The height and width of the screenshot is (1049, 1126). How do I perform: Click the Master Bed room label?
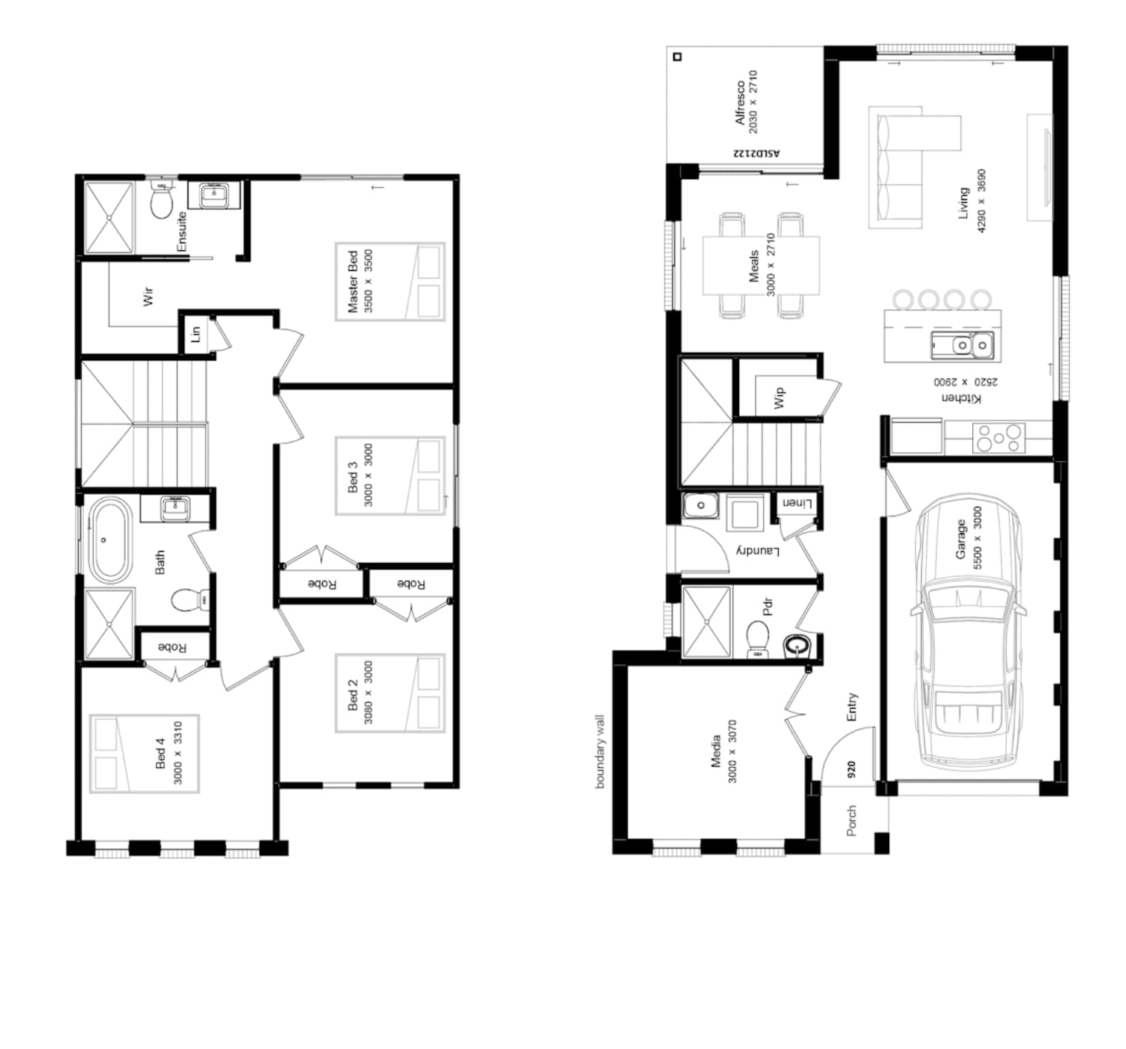(353, 282)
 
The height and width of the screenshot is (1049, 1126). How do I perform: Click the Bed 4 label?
(161, 753)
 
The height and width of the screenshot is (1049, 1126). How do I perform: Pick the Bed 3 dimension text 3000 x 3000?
(368, 475)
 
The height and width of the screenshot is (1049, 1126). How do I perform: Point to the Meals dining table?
(761, 266)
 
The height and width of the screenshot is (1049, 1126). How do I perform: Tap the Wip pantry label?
(779, 398)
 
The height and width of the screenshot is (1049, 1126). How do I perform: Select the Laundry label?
(758, 551)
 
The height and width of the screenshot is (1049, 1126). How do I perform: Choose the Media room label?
(715, 751)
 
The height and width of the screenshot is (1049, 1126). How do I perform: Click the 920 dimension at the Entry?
(852, 769)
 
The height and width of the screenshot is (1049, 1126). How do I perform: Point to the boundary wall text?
(600, 751)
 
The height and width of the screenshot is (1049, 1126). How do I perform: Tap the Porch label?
(852, 821)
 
